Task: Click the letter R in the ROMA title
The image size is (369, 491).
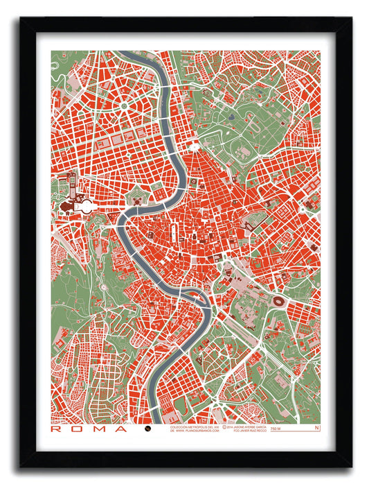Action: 55,429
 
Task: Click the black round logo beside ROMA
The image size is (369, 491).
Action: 147,429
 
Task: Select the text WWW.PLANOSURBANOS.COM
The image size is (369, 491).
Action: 197,431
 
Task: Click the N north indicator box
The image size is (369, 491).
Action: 317,428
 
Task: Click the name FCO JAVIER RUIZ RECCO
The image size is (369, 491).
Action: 243,431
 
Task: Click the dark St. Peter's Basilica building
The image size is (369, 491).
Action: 69,206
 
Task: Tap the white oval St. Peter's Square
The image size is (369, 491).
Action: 88,206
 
